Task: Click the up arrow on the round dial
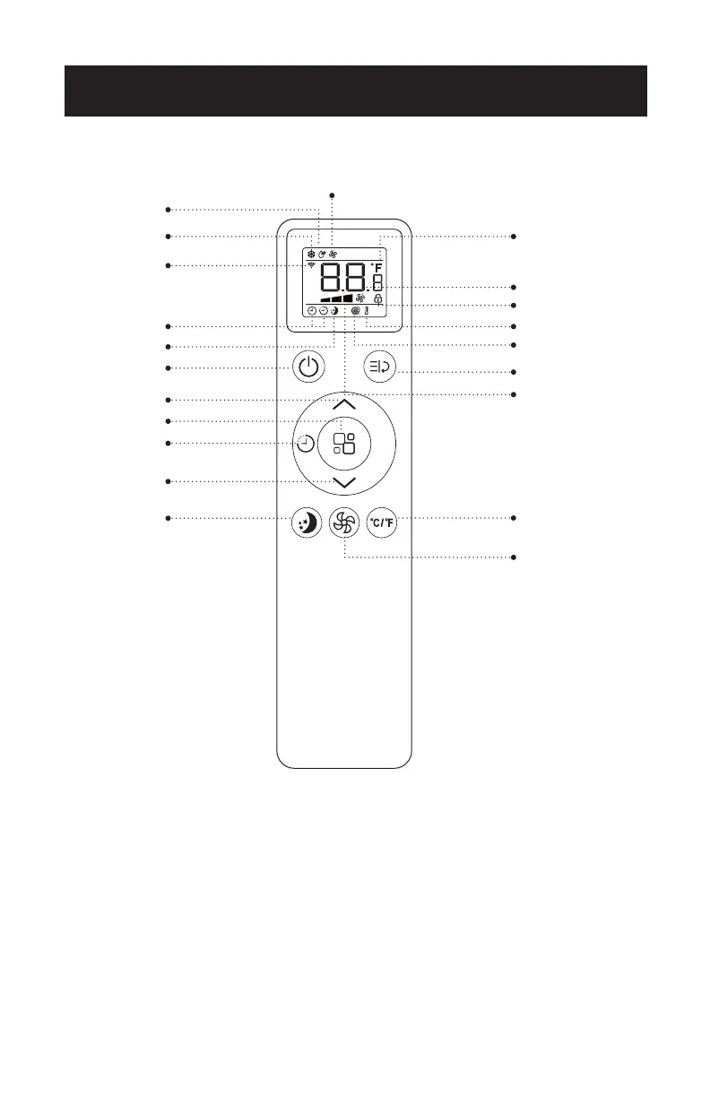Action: pos(343,405)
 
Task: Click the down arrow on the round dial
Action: pos(343,483)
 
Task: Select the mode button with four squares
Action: pos(343,444)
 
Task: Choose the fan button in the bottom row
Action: pos(343,523)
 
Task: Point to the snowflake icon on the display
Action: pos(311,254)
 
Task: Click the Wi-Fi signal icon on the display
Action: pos(311,266)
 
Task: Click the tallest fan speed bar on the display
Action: pos(348,298)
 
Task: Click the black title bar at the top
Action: pos(355,91)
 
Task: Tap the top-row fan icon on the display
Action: pos(333,254)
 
